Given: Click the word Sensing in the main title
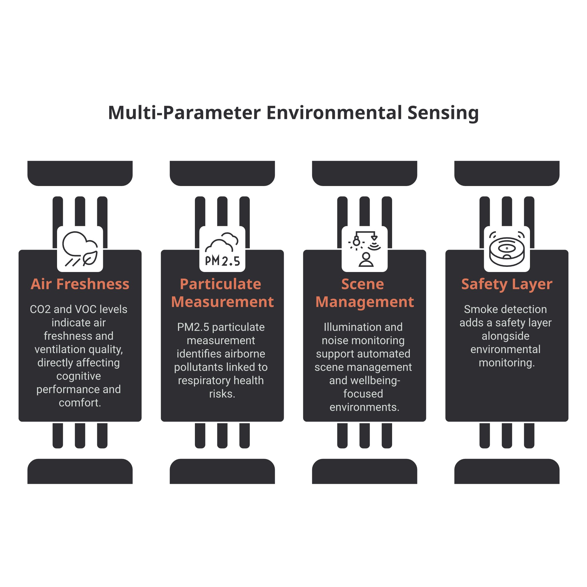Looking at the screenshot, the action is pyautogui.click(x=443, y=113).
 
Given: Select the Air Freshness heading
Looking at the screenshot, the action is pyautogui.click(x=80, y=284).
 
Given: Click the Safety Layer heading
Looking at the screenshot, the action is pyautogui.click(x=507, y=284).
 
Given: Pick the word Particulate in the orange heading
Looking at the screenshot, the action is pyautogui.click(x=221, y=284).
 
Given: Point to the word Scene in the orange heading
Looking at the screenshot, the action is pyautogui.click(x=363, y=284).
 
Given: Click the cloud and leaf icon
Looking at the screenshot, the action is pyautogui.click(x=80, y=249).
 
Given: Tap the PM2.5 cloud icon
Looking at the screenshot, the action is pyautogui.click(x=222, y=249).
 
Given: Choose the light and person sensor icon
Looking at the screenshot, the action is pyautogui.click(x=365, y=249).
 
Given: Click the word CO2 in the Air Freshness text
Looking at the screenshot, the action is pyautogui.click(x=40, y=309).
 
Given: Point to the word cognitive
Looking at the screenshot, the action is pyautogui.click(x=79, y=376).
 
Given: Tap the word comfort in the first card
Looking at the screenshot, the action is pyautogui.click(x=79, y=403).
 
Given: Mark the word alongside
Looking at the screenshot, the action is pyautogui.click(x=506, y=336).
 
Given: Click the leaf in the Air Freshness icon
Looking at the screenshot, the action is pyautogui.click(x=91, y=259).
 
